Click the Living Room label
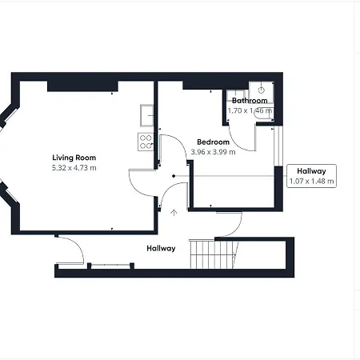tap(74, 157)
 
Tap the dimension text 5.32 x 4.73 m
tap(74, 168)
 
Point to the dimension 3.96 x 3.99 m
tap(213, 152)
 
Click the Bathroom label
tap(250, 101)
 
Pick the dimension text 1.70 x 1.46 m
tap(250, 111)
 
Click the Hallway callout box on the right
tap(311, 176)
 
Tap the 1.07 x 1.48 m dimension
tap(311, 182)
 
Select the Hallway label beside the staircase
tap(161, 248)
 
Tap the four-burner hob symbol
tap(146, 142)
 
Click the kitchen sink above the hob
tap(146, 117)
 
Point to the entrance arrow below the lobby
tap(174, 212)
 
